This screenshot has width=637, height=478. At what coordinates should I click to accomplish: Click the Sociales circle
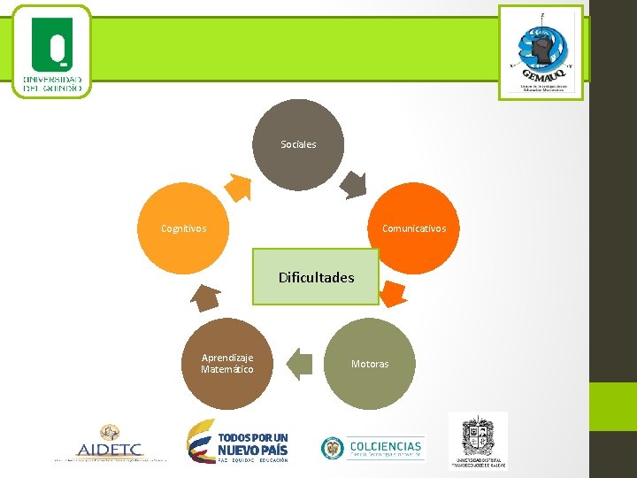[298, 144]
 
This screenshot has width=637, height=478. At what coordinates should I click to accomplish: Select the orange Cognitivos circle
[184, 228]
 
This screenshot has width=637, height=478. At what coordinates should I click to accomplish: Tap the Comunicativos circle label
[413, 228]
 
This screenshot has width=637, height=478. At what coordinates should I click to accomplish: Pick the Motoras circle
[370, 364]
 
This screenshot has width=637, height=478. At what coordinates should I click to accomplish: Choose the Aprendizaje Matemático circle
[227, 364]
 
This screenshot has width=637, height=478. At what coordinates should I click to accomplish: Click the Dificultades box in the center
[316, 277]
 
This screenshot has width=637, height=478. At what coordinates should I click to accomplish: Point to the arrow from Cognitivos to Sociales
[238, 187]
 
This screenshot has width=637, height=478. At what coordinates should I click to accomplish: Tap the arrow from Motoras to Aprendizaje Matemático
[300, 364]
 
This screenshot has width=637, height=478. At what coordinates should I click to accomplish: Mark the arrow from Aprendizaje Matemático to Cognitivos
[206, 297]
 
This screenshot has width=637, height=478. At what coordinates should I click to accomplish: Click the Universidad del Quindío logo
[52, 51]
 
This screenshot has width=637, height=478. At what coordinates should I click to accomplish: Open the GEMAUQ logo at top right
[541, 51]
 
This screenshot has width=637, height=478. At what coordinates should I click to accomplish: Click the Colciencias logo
[372, 448]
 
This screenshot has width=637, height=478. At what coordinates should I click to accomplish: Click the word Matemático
[227, 369]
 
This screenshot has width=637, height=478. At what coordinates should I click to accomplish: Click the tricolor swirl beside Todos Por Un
[200, 440]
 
